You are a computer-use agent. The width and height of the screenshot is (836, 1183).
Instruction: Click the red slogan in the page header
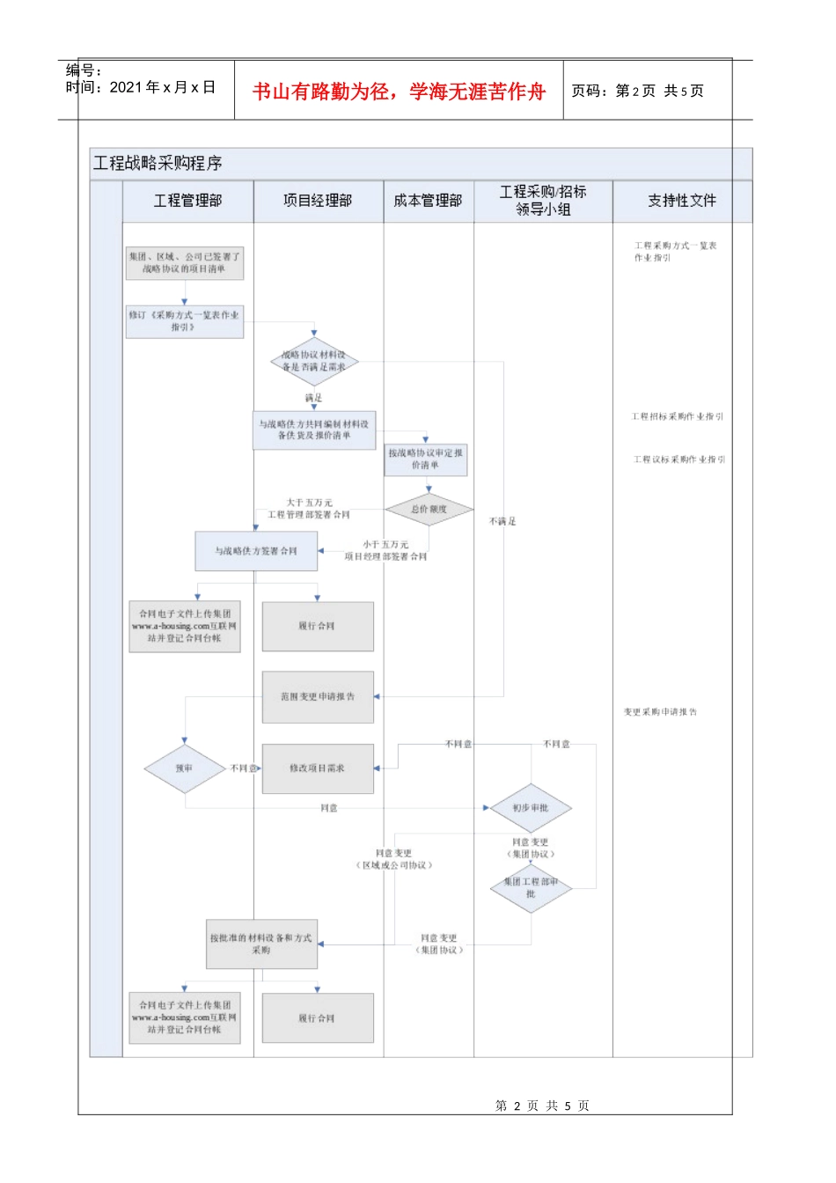[x=399, y=92]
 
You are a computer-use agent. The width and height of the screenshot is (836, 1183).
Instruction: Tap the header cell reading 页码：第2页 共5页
[x=637, y=91]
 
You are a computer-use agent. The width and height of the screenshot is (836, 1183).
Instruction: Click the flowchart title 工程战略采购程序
[x=158, y=163]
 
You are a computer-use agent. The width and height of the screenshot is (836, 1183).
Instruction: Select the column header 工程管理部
[x=187, y=201]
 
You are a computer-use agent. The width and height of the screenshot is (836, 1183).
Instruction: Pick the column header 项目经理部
[x=318, y=201]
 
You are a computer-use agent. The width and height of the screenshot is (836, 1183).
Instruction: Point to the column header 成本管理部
[x=428, y=201]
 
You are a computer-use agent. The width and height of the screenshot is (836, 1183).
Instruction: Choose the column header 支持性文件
[x=682, y=201]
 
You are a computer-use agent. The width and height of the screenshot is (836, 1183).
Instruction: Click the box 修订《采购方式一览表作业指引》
[x=184, y=320]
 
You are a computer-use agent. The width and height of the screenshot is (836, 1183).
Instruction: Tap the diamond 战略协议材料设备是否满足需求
[x=314, y=361]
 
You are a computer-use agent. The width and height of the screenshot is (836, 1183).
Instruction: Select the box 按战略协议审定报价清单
[x=426, y=459]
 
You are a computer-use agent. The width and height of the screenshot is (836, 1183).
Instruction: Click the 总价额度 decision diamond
[x=429, y=509]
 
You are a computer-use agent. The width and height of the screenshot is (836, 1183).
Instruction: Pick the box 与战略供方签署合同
[x=256, y=551]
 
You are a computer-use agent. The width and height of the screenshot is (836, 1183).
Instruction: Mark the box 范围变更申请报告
[x=318, y=696]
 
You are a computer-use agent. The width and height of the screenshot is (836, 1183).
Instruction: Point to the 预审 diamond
[x=184, y=768]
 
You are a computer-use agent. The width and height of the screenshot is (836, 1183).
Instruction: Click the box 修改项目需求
[x=318, y=768]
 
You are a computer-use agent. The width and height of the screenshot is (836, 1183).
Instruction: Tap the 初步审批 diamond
[x=531, y=808]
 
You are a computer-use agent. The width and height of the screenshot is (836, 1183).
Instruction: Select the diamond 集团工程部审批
[x=531, y=887]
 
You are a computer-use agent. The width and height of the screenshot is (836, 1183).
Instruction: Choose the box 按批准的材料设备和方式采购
[x=260, y=944]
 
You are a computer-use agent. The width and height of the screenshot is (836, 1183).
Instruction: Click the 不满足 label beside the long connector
[x=502, y=522]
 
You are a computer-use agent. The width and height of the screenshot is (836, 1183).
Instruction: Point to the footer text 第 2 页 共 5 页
[x=542, y=1106]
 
